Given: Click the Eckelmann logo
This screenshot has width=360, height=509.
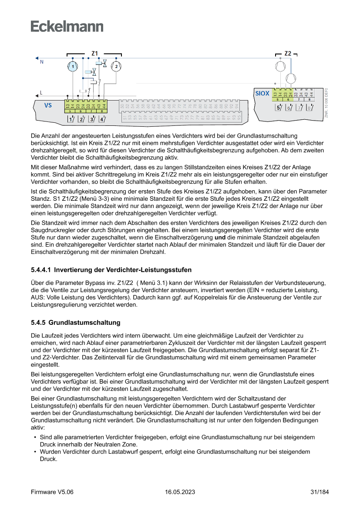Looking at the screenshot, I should click(x=67, y=26).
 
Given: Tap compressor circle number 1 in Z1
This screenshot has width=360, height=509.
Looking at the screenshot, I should click(x=74, y=67).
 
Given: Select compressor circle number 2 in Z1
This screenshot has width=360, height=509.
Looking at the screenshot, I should click(x=116, y=67).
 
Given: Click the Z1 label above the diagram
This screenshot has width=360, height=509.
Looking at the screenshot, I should click(x=94, y=53).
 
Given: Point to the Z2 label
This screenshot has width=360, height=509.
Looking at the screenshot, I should click(x=288, y=53).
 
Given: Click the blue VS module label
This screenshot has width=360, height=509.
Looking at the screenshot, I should click(x=48, y=105).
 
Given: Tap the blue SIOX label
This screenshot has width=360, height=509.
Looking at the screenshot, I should click(x=262, y=93).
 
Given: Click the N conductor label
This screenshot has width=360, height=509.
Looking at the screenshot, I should click(x=42, y=62).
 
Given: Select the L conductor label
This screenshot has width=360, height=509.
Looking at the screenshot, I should click(x=41, y=92).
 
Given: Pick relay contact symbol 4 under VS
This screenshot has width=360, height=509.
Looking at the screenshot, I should click(x=101, y=119).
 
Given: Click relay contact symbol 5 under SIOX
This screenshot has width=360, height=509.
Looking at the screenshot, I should click(x=279, y=108).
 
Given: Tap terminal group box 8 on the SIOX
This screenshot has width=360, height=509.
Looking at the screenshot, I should click(x=309, y=100).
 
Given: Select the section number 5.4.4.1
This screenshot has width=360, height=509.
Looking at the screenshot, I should click(x=40, y=270).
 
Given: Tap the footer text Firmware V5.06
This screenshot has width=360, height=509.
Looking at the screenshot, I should click(x=52, y=492).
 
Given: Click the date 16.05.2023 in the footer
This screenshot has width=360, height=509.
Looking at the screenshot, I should click(x=180, y=492).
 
